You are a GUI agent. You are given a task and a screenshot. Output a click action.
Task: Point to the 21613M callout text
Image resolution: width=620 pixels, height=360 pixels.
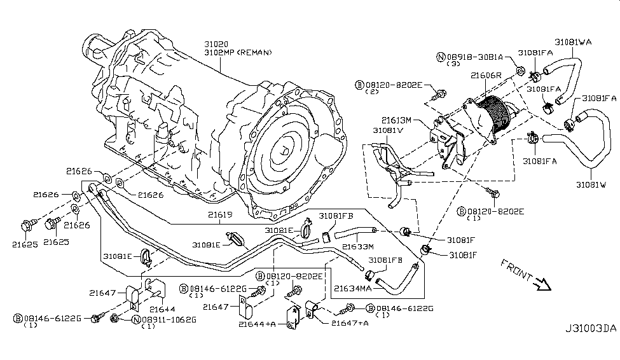coord(398,119)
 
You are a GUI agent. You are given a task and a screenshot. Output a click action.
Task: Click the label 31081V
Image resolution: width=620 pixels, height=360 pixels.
coord(388,130)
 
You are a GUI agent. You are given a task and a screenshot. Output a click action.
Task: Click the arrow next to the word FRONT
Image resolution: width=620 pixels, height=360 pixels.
coord(542,284)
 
